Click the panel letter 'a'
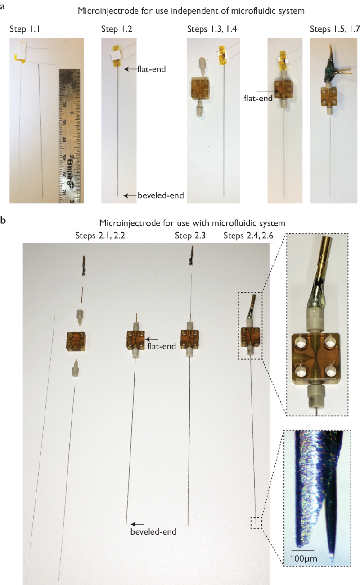point(3,6)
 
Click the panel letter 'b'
point(3,220)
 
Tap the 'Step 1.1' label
point(25,29)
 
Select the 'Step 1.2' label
point(117,29)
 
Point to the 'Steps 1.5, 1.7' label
point(335,29)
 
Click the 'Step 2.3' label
point(190,236)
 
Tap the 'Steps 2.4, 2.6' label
point(248,236)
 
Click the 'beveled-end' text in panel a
point(161,195)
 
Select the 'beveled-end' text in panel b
point(153,531)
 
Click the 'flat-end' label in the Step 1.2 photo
point(152,69)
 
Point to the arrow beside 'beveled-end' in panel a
point(130,195)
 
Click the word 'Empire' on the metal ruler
point(71,172)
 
